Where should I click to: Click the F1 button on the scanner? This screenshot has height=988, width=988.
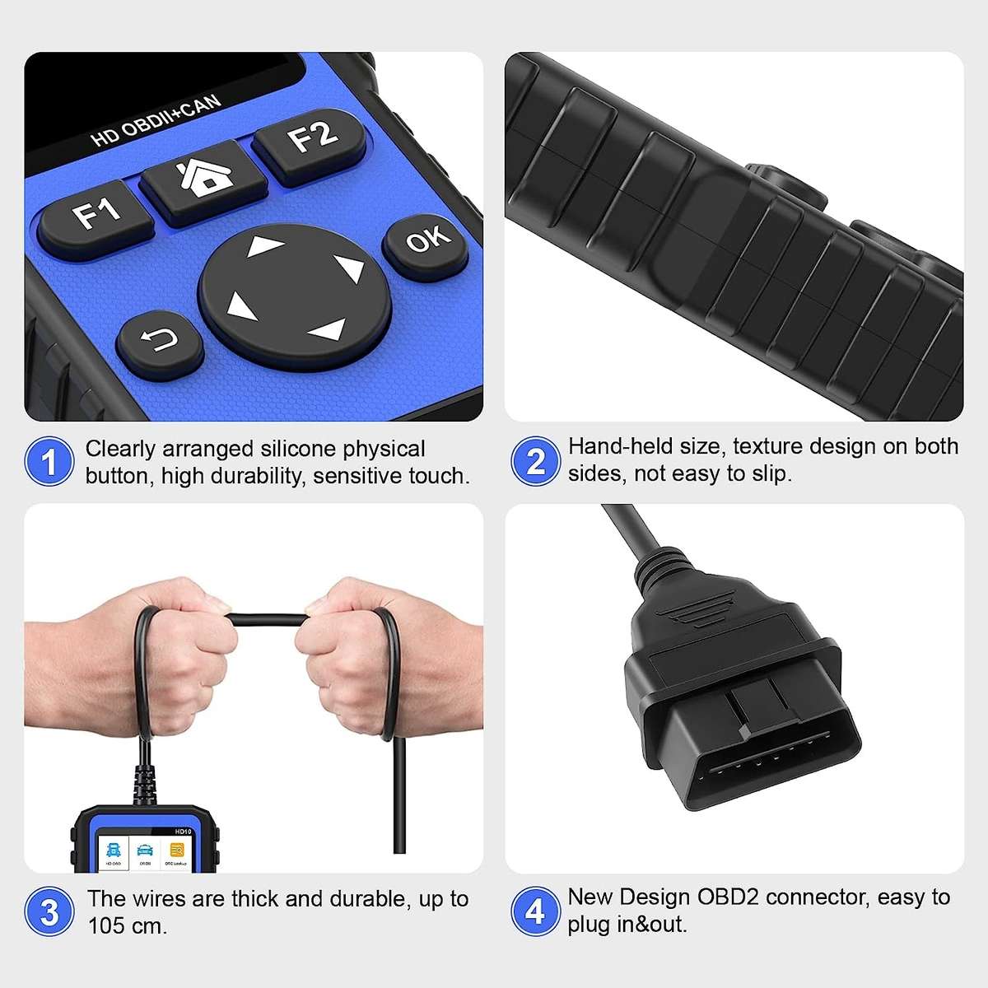pos(97,216)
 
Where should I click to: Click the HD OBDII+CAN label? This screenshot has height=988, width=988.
pos(156,121)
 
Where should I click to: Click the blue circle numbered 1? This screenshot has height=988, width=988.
pos(49,462)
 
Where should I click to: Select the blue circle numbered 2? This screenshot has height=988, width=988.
pos(535,461)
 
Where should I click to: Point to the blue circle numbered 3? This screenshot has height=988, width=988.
pos(49,911)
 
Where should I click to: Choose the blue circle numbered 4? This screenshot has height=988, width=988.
pos(535,911)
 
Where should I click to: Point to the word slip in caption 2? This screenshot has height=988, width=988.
pos(770,473)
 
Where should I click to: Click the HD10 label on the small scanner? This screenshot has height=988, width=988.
pos(182,832)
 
